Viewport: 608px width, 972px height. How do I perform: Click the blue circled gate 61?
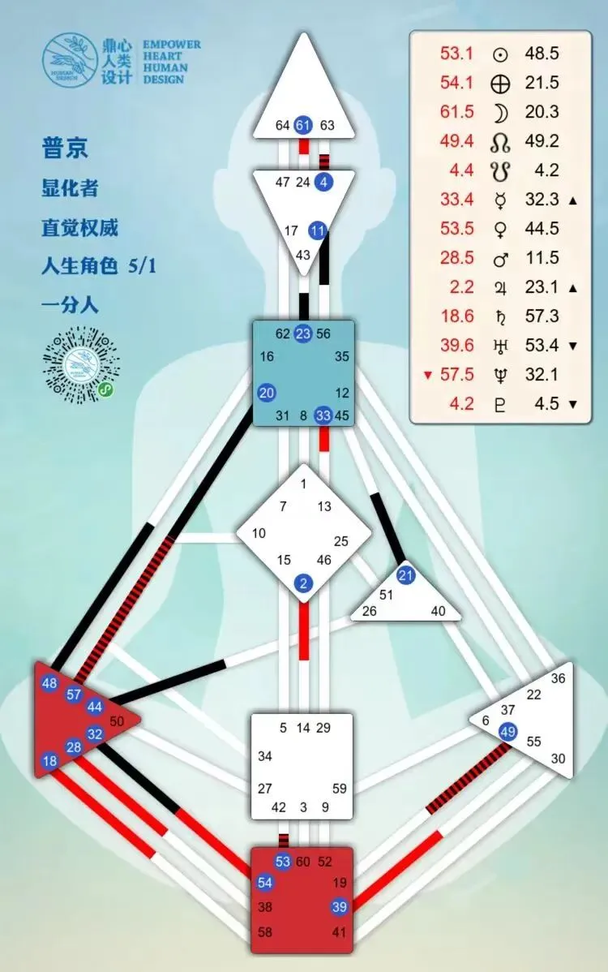tap(303, 125)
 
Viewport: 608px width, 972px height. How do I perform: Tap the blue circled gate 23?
tap(303, 333)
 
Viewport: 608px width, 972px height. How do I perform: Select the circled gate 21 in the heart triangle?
tap(406, 575)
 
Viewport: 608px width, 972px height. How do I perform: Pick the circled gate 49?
tap(508, 732)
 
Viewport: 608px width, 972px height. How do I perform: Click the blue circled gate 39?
tap(339, 907)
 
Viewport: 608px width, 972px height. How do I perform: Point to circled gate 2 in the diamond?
tap(304, 583)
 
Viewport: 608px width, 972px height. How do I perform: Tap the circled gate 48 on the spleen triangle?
tap(49, 683)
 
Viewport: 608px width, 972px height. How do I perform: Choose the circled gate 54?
tap(265, 883)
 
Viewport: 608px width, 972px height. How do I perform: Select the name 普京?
tap(65, 148)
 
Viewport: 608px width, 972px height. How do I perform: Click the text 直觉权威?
tap(79, 227)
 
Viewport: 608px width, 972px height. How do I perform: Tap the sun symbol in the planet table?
tap(500, 54)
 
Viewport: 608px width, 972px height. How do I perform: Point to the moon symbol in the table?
tap(500, 112)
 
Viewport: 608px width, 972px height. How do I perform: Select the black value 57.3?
tap(542, 316)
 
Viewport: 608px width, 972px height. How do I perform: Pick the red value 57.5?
tap(457, 374)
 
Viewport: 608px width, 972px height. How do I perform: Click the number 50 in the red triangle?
tap(116, 720)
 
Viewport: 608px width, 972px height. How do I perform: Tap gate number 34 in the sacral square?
tap(265, 756)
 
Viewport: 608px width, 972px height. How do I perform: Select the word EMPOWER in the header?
tap(171, 45)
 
